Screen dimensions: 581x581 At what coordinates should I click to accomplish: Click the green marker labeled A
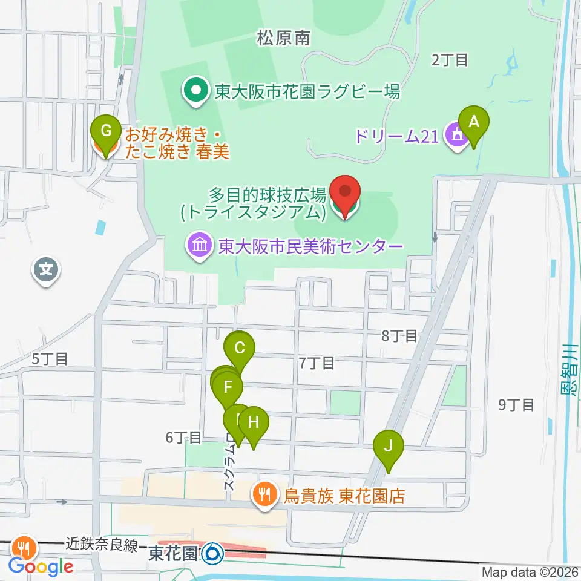click(474, 123)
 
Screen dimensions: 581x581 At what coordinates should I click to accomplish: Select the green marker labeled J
click(388, 448)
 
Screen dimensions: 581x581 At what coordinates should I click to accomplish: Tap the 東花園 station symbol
click(212, 552)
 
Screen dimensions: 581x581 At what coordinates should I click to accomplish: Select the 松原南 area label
click(283, 38)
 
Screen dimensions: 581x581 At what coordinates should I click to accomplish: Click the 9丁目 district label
click(516, 405)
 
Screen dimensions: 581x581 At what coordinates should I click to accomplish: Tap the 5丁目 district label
click(49, 358)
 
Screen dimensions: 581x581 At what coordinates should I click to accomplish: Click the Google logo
click(41, 566)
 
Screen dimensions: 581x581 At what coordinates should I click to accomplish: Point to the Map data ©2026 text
click(530, 572)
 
